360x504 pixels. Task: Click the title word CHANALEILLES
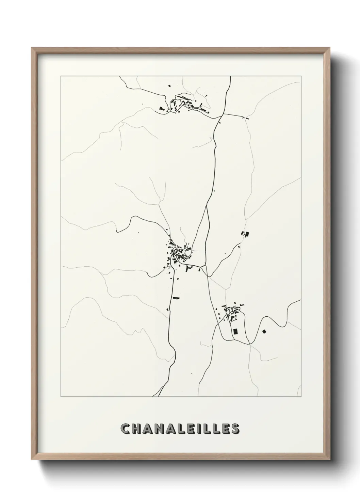180,429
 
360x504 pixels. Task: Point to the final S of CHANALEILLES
235,429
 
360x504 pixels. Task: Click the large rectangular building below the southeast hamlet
235,331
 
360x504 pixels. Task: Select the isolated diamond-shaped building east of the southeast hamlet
264,331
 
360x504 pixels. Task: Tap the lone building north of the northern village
169,86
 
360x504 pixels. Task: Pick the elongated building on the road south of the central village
176,298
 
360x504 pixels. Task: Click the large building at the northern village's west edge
162,109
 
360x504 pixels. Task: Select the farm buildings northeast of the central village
245,234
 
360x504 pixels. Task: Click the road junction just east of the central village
203,266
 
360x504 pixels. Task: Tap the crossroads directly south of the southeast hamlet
249,344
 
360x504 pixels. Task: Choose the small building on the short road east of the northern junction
247,119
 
